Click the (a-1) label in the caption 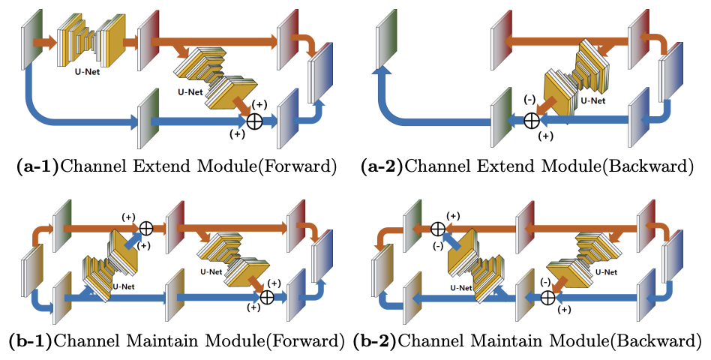[x=36, y=167]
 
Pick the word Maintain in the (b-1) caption [x=149, y=342]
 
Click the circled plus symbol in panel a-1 [x=255, y=121]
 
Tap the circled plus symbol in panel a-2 [x=531, y=119]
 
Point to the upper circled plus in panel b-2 [x=438, y=227]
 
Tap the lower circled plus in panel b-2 [x=548, y=297]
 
